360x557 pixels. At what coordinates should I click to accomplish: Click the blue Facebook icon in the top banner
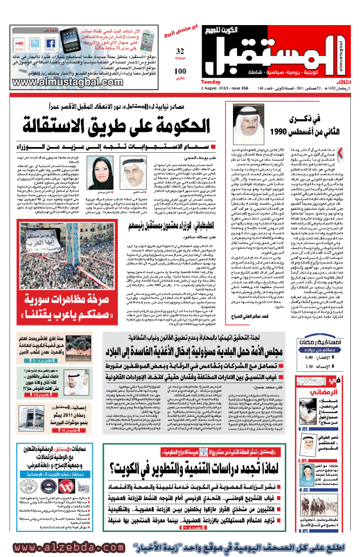(48, 43)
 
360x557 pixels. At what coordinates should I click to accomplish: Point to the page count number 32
(180, 51)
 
